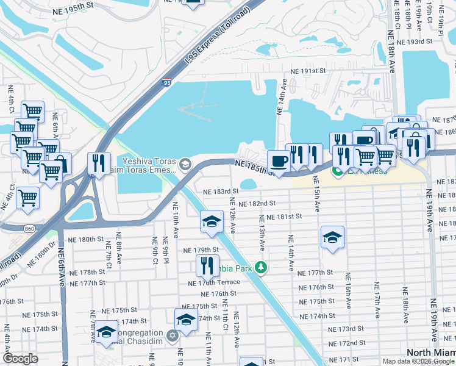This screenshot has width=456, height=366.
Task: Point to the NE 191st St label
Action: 308,71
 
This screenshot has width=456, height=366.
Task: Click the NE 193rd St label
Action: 413,42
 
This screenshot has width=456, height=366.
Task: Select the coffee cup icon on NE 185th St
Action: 279,161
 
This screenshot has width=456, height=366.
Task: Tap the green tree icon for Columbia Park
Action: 261,267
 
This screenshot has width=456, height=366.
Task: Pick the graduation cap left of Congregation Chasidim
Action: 106,331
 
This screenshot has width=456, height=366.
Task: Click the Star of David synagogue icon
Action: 172,335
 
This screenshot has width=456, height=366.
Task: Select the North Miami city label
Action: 430,354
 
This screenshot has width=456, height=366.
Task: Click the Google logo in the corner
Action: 20,359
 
